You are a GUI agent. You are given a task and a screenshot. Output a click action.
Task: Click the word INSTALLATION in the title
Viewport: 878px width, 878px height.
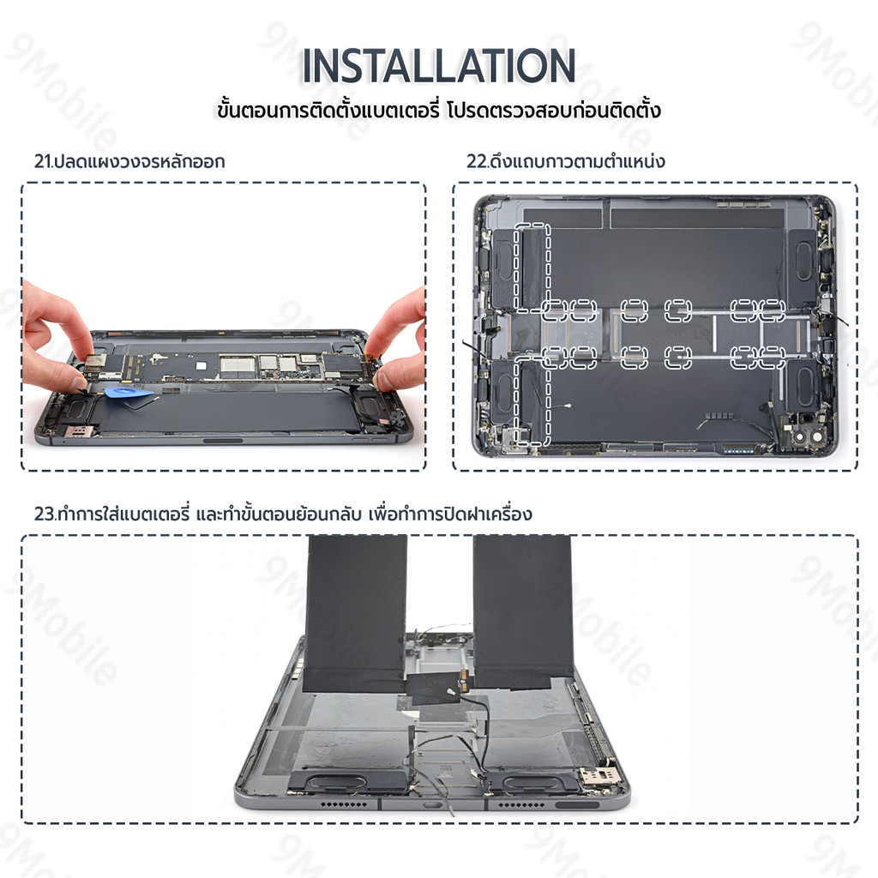coord(439,65)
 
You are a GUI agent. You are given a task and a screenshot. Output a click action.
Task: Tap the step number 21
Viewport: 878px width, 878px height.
coord(42,161)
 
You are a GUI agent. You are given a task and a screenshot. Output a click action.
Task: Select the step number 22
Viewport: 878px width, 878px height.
coord(476,161)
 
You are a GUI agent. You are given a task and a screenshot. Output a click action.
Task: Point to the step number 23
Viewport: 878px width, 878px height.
coord(44,514)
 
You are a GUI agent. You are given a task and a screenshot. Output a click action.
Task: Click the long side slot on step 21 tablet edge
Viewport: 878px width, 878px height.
coord(223,441)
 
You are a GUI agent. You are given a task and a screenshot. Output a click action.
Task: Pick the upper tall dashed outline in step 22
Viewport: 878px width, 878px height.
coord(532,268)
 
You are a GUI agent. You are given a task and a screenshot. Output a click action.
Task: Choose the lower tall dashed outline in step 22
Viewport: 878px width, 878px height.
coord(532,400)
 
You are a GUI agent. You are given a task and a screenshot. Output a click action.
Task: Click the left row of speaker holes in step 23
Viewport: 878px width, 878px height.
coord(345,804)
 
